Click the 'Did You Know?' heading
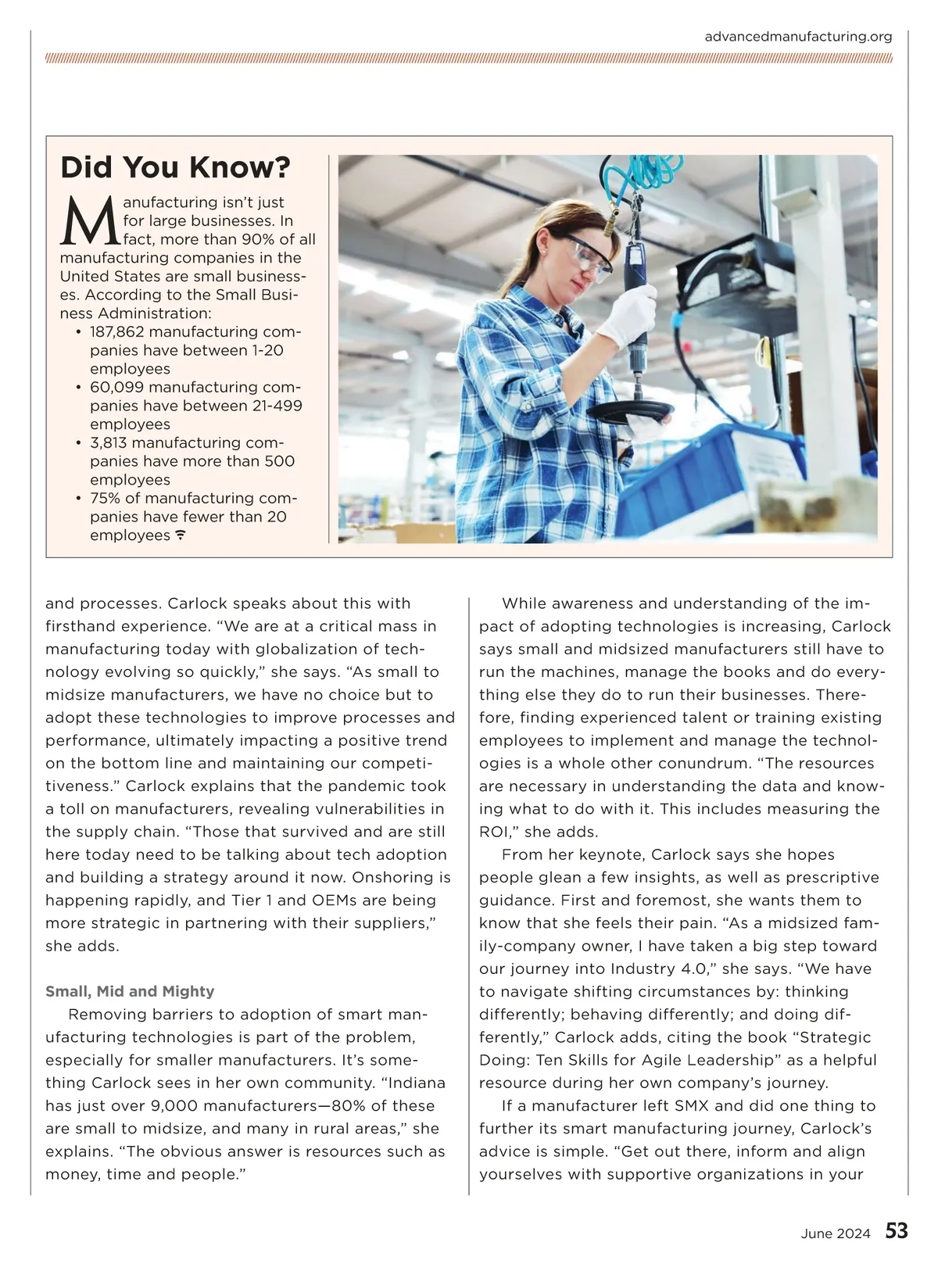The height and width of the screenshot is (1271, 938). (x=175, y=167)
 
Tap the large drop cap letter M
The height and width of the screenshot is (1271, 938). (x=90, y=220)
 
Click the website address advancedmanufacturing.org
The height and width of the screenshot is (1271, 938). (x=797, y=37)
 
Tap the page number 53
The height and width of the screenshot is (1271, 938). (x=897, y=1232)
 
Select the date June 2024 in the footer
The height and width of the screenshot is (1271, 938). (x=835, y=1234)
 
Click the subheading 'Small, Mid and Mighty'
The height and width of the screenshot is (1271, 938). (x=130, y=992)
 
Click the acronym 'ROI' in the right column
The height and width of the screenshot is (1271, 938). (x=495, y=832)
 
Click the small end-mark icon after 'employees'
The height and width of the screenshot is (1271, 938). (x=181, y=536)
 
